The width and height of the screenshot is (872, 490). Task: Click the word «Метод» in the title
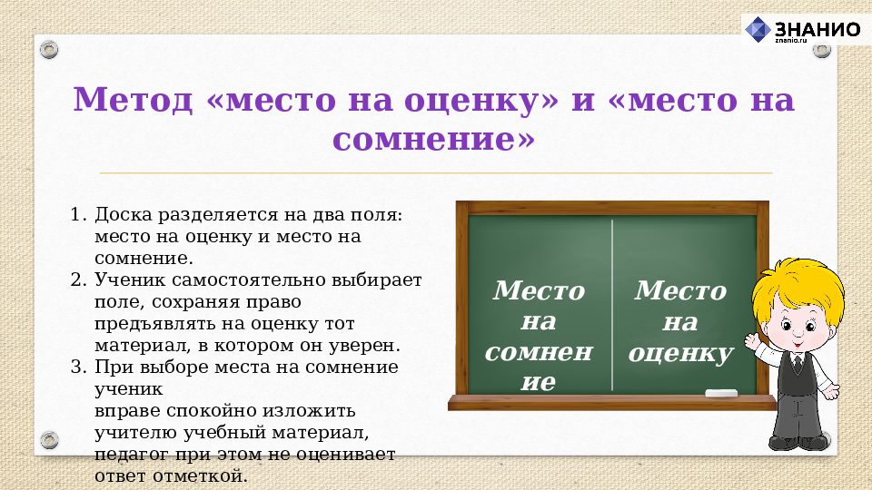[x=133, y=99]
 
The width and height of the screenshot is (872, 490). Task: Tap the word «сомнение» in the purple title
[x=434, y=140]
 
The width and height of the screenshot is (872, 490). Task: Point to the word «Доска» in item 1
[x=124, y=215]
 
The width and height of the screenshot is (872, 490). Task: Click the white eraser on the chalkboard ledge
[x=722, y=393]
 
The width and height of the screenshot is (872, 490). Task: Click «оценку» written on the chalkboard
[x=680, y=353]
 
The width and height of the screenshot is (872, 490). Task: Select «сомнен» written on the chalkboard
[x=538, y=352]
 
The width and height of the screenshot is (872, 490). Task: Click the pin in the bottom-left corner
[x=49, y=442]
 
